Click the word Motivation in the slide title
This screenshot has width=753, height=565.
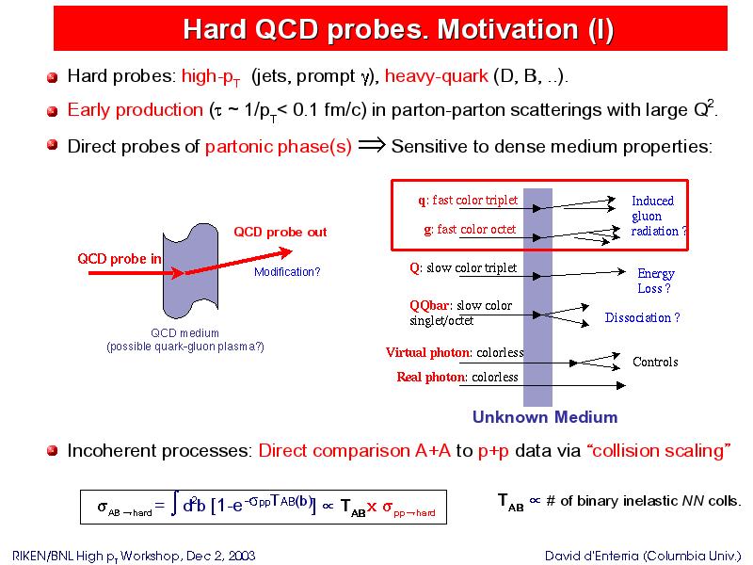[x=507, y=29]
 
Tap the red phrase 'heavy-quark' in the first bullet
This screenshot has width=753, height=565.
[x=436, y=76]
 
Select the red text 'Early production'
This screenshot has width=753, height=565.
[x=135, y=110]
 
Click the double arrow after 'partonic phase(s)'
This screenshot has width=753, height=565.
[x=372, y=145]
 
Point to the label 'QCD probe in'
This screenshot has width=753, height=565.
[x=120, y=259]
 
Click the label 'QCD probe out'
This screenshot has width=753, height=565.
[x=280, y=232]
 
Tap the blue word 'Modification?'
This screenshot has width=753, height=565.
[x=287, y=272]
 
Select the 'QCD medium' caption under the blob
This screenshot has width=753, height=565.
[x=184, y=333]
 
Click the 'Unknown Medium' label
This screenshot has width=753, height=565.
[x=545, y=416]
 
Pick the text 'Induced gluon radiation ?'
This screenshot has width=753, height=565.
[x=658, y=216]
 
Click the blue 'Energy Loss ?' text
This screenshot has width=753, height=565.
[x=655, y=281]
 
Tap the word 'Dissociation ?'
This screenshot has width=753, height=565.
[x=642, y=317]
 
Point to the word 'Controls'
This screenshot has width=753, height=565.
[x=655, y=362]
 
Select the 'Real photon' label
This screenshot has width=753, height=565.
[x=431, y=378]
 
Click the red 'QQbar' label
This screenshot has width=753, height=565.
[x=429, y=305]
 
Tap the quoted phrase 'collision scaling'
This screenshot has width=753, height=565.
[x=659, y=451]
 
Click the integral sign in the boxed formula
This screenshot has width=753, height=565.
[x=175, y=506]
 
